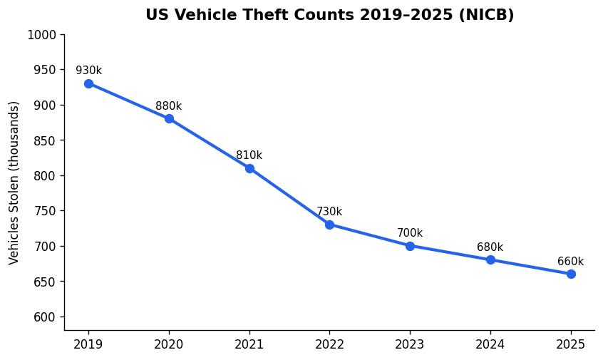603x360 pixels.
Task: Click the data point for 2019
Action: [x=88, y=83]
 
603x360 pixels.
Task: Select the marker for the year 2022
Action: [x=329, y=225]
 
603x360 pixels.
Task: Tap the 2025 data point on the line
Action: [x=571, y=274]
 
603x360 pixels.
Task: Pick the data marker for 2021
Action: [x=249, y=168]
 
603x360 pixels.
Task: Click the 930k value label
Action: [x=88, y=71]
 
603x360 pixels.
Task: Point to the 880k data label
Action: [x=169, y=106]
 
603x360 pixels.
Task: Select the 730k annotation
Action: [x=329, y=212]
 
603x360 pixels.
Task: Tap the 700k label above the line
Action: [x=410, y=233]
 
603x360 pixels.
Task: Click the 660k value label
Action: [x=570, y=262]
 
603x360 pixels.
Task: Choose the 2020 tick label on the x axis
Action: [x=169, y=345]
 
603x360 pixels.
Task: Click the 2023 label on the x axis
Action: [x=410, y=345]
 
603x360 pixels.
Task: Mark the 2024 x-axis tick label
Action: [x=490, y=345]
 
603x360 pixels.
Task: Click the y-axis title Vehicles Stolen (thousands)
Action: [x=14, y=182]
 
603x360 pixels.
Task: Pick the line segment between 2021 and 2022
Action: [x=289, y=196]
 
